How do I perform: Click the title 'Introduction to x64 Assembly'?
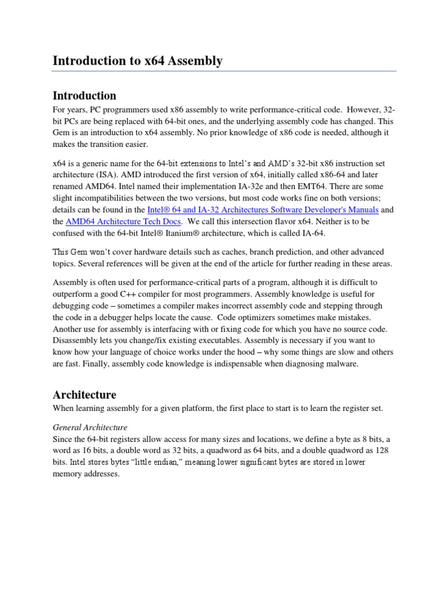pos(138,61)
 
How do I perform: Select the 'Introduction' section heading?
pos(85,96)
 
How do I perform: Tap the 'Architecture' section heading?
pos(85,395)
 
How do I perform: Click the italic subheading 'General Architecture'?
pos(90,427)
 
